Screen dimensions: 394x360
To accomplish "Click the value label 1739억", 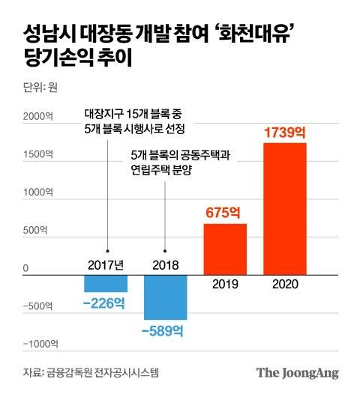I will pos(285,133).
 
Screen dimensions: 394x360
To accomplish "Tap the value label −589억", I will pos(166,330).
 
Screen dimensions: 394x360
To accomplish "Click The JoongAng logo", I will pos(298,372).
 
